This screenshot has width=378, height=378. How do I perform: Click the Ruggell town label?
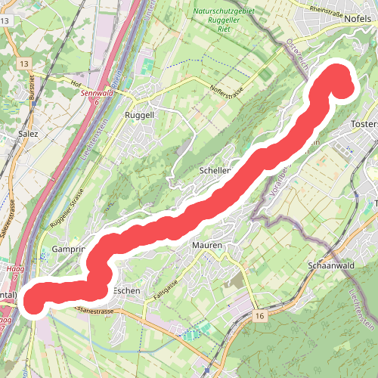point(139,116)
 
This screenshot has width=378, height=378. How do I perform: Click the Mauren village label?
point(206,246)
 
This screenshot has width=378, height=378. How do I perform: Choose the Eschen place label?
point(125,290)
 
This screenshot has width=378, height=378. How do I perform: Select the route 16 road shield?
point(260,314)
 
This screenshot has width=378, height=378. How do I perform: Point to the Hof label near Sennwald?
point(76,84)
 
